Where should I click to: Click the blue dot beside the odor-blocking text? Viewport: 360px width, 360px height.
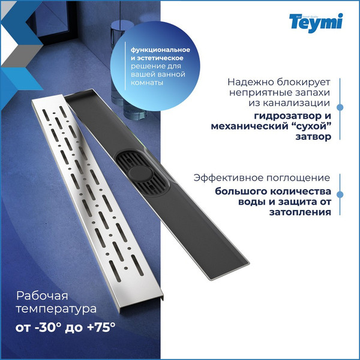pos(340,109)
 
